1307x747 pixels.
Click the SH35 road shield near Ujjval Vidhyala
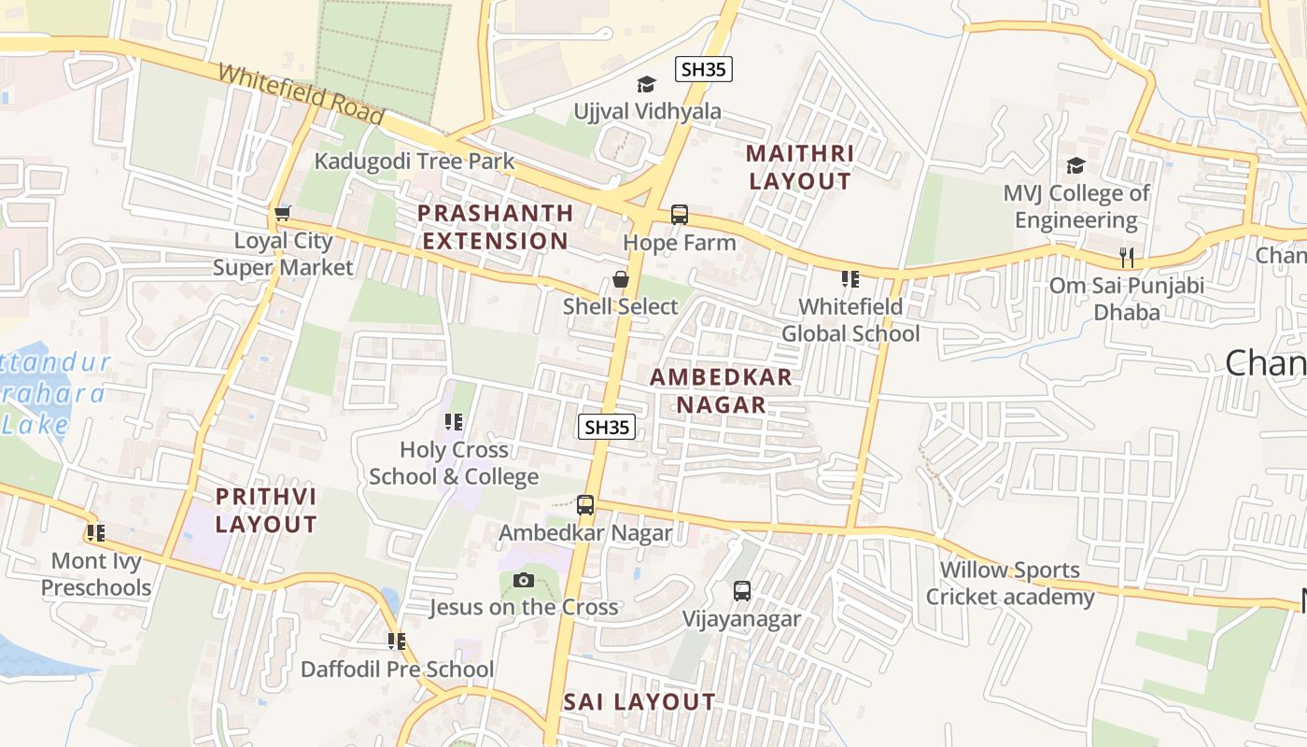(704, 69)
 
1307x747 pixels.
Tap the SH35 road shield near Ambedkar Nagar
(607, 427)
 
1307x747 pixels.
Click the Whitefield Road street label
(301, 94)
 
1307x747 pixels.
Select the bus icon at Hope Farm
(680, 215)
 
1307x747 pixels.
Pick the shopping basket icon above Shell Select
(620, 279)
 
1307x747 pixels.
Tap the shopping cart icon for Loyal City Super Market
(282, 213)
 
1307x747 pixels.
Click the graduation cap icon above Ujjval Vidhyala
(646, 85)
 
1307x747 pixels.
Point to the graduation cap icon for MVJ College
(1075, 166)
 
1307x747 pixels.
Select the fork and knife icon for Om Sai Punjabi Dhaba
(1127, 258)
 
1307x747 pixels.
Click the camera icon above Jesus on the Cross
(523, 580)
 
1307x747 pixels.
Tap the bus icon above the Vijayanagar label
(742, 591)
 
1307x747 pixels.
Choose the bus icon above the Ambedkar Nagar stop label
(585, 505)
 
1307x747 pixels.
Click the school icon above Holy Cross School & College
(454, 422)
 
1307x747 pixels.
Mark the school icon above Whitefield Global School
(850, 279)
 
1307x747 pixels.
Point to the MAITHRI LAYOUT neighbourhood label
(800, 167)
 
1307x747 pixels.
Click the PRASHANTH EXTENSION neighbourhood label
(495, 227)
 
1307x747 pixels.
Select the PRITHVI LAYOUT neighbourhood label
(266, 510)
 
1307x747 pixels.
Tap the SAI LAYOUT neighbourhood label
(639, 702)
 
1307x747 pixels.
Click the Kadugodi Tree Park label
(414, 161)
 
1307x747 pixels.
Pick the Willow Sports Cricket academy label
(1009, 583)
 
